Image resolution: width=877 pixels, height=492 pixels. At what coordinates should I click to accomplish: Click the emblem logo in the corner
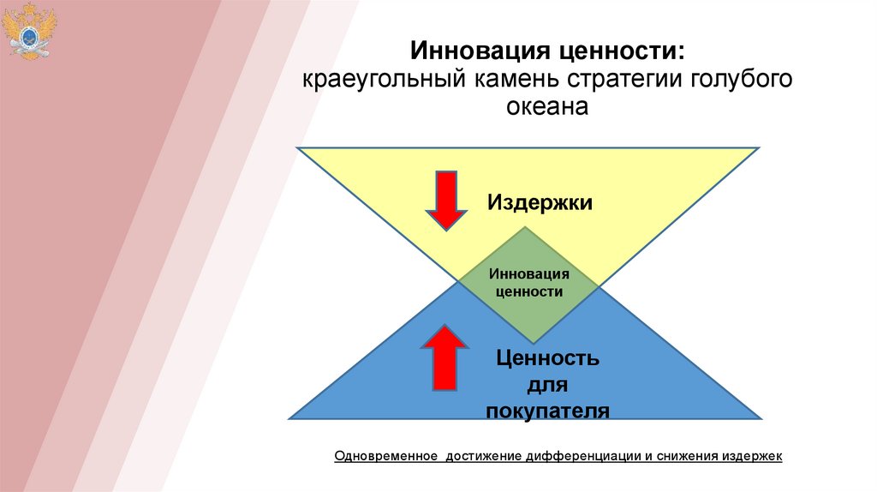(28, 32)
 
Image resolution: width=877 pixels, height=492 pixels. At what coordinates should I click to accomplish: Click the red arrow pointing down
(445, 200)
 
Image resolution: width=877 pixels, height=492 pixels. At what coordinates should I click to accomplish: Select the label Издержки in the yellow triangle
(540, 202)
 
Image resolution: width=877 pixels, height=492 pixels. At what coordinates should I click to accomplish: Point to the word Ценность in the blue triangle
(546, 357)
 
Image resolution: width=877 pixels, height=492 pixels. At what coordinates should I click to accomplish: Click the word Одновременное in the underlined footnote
(386, 456)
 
